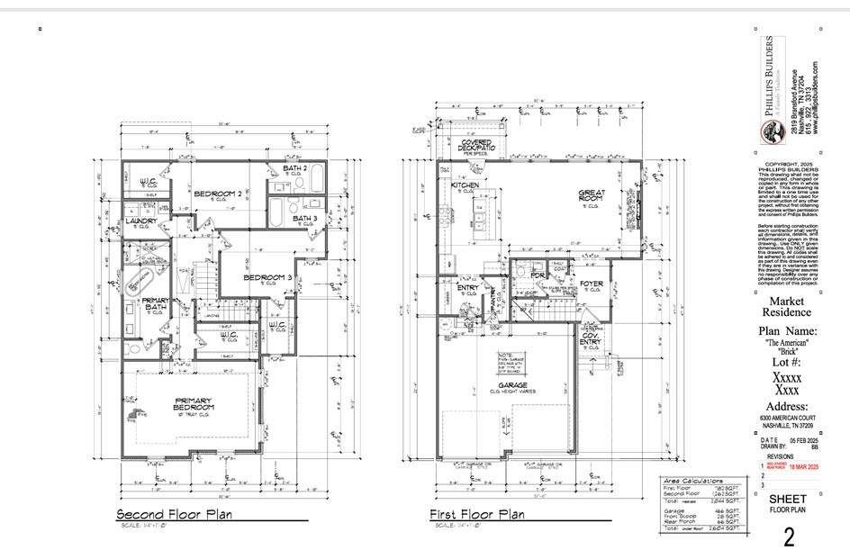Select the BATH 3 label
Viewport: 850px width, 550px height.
click(304, 218)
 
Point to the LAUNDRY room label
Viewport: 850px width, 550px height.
click(142, 221)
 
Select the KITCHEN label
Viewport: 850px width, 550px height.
click(466, 185)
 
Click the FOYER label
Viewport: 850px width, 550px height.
click(591, 284)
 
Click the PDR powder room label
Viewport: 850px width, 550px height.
click(538, 275)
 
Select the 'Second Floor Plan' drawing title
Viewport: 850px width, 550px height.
click(173, 514)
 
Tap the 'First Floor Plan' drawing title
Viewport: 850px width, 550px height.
click(477, 514)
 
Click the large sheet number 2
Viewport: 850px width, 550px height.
click(789, 537)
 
